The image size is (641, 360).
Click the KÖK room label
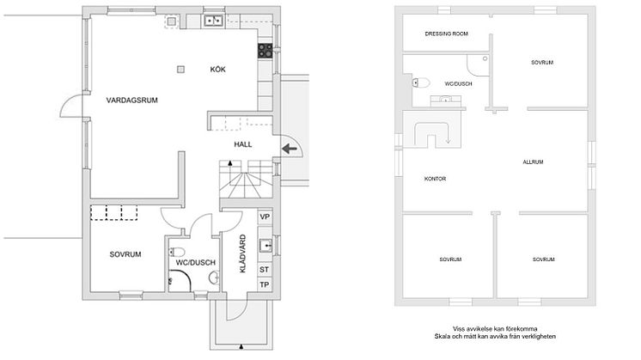[217, 70]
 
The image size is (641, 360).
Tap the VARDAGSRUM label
[131, 101]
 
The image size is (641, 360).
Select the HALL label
[243, 144]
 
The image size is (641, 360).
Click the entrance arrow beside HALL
[290, 149]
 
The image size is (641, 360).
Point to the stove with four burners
[265, 51]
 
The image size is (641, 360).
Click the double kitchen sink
[213, 20]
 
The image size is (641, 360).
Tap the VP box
[265, 217]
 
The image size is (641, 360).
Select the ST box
[265, 270]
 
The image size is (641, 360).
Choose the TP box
[265, 284]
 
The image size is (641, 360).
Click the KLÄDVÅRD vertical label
[243, 253]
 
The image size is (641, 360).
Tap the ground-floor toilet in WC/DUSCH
[177, 251]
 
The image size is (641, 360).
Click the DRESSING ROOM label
[447, 34]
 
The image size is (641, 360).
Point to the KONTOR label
[435, 179]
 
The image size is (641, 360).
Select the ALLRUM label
[533, 162]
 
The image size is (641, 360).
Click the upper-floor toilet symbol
[421, 83]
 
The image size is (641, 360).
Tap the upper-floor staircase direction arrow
[448, 137]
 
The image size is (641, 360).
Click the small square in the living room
[180, 70]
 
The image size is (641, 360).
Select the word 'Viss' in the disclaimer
[458, 328]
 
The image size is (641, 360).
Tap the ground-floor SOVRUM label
[125, 254]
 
